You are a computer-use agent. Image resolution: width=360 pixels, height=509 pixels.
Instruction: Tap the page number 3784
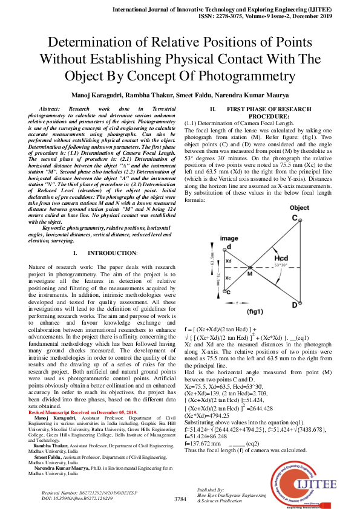[x=180, y=499]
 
